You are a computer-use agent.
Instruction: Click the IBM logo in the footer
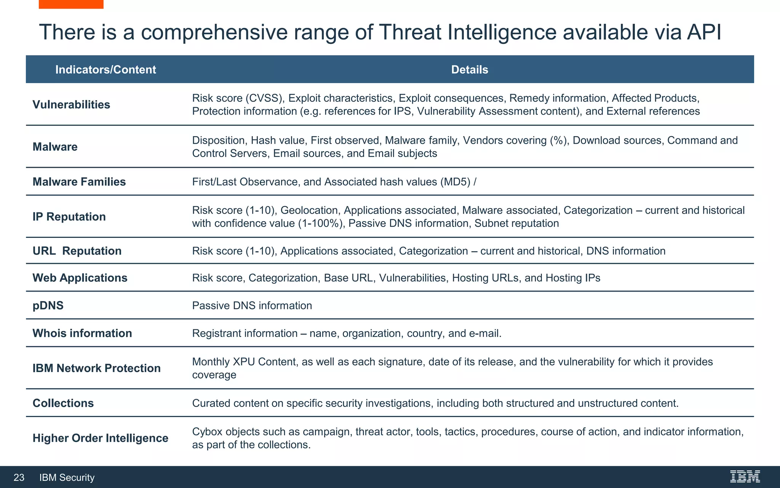coord(745,477)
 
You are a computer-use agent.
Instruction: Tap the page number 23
coord(19,477)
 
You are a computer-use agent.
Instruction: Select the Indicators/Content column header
coord(105,69)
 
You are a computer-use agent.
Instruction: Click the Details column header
coord(469,69)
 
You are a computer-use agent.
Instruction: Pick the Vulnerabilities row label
coord(71,104)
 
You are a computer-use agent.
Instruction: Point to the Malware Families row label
coord(79,181)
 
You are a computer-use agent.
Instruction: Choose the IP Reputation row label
coord(69,217)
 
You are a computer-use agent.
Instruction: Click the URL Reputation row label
coord(77,251)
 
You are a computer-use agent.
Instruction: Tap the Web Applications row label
coord(80,278)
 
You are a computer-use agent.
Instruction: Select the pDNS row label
coord(48,305)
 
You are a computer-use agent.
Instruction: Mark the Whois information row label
coord(82,333)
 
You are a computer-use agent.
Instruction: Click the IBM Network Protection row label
coord(96,368)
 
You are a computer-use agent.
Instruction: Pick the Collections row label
coord(63,403)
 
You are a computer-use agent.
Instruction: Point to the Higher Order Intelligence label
coord(100,438)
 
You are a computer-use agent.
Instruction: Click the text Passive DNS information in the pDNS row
coord(252,305)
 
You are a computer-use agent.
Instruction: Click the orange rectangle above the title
coord(71,4)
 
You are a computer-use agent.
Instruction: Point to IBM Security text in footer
coord(67,477)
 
